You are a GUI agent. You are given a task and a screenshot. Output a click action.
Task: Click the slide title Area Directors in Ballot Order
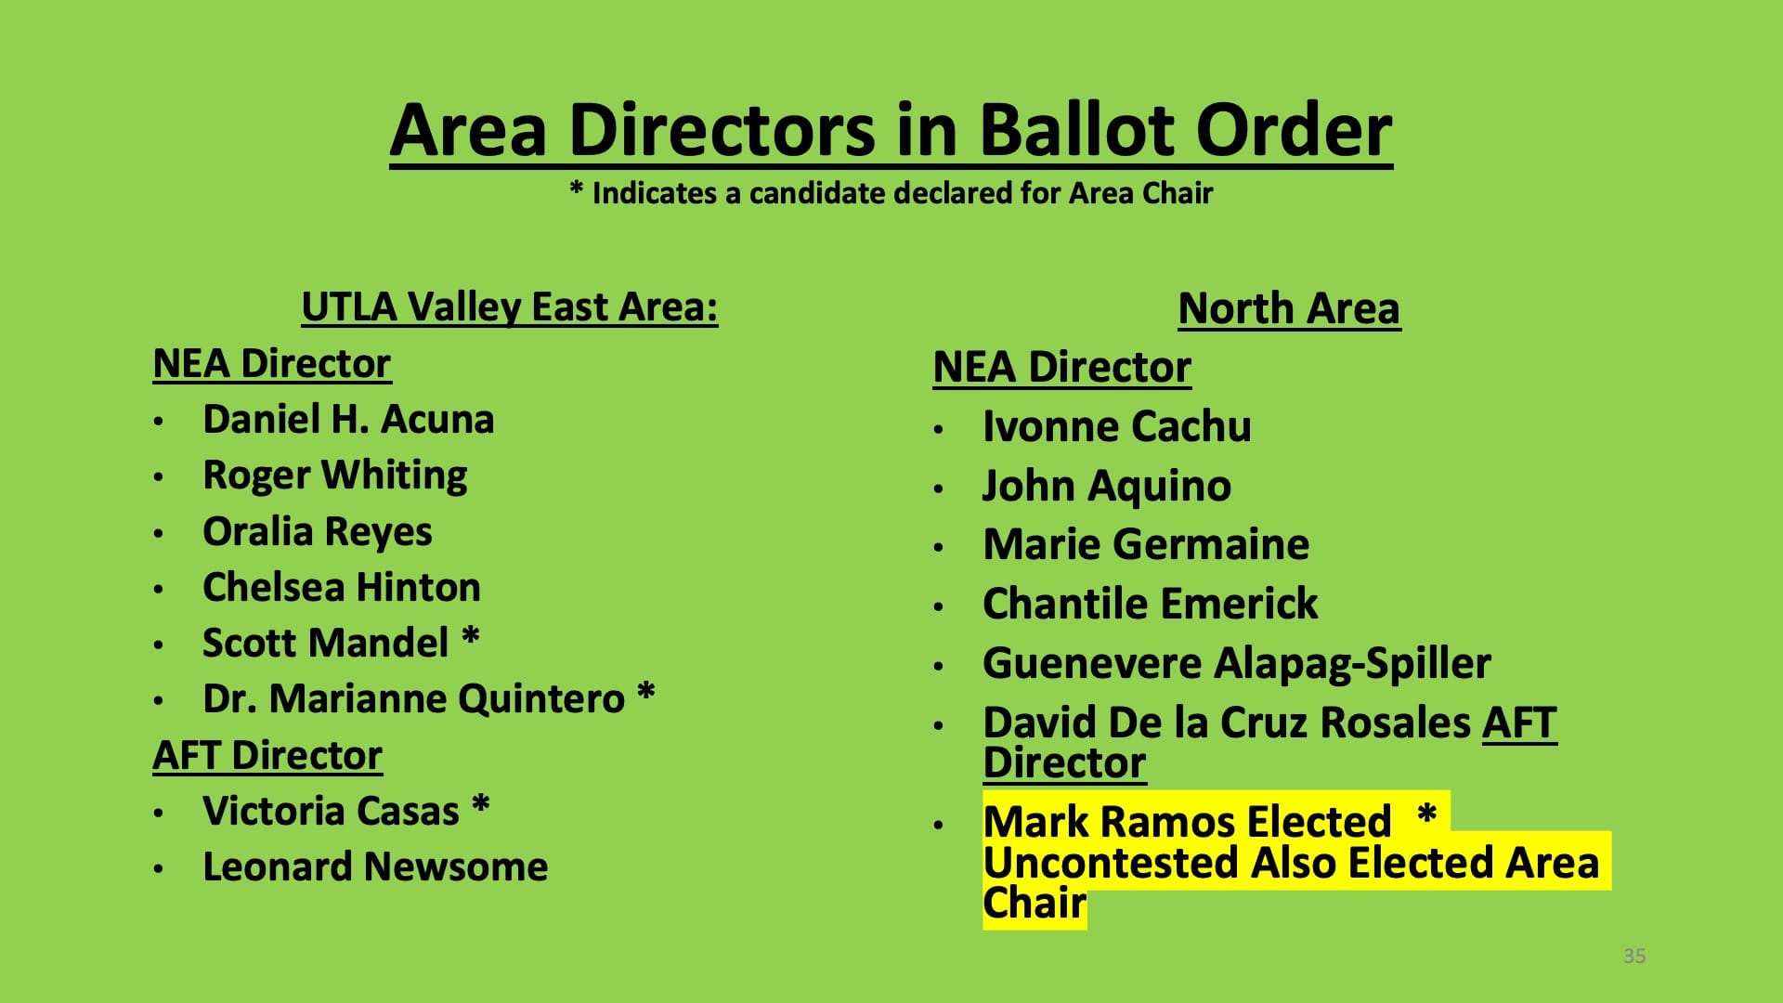891,130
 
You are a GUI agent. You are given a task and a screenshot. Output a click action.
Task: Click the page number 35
1634,956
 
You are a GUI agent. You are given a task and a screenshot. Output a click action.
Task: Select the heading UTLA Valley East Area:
510,307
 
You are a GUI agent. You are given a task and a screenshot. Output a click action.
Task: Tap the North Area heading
1289,308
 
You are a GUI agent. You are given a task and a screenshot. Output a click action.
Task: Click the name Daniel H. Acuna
348,419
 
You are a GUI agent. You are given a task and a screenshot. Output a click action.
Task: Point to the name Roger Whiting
335,475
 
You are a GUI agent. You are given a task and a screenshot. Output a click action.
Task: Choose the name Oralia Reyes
318,532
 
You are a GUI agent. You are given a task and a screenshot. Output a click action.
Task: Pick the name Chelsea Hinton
342,587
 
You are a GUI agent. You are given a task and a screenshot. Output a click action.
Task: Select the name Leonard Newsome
375,866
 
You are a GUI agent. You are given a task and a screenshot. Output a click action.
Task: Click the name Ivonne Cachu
1117,426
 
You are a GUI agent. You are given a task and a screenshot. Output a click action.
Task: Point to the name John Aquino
1107,486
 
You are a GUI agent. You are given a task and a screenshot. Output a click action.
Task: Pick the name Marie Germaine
1146,544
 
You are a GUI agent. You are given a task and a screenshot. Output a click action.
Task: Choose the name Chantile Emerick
1151,604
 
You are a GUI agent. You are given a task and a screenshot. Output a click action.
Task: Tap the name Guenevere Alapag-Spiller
1237,663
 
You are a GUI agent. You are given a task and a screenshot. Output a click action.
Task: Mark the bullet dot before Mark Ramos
939,824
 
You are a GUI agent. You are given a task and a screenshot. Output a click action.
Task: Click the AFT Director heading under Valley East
267,755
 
